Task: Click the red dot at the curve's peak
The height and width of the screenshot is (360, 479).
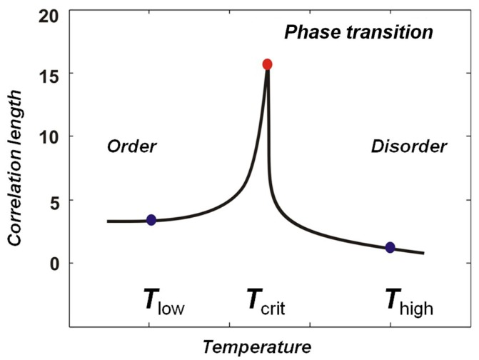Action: [x=267, y=64]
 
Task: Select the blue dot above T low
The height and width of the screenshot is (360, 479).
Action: [x=151, y=220]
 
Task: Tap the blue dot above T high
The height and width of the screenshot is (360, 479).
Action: [x=390, y=247]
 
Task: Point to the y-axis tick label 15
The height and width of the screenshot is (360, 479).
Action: [x=50, y=74]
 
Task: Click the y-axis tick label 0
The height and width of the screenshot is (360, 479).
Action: [x=55, y=263]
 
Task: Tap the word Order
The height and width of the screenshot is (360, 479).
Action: [x=131, y=147]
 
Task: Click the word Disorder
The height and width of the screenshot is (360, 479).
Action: [x=408, y=147]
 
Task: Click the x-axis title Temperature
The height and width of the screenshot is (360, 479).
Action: [x=256, y=347]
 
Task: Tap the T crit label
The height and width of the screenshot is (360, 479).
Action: [x=266, y=304]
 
